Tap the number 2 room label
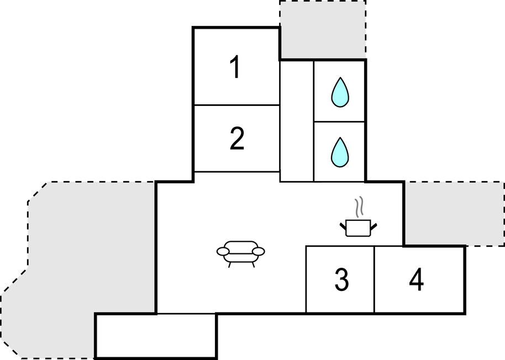(x=237, y=139)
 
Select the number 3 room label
(x=341, y=279)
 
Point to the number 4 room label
(x=417, y=279)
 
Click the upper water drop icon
(x=340, y=92)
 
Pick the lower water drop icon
(x=340, y=152)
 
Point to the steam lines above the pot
(x=359, y=207)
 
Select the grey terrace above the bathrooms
(x=323, y=30)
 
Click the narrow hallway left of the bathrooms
(x=297, y=121)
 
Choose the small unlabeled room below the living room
(x=156, y=335)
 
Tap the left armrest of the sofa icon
(x=223, y=251)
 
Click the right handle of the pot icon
(x=374, y=226)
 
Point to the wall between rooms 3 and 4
(x=374, y=279)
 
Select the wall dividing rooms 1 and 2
(x=236, y=105)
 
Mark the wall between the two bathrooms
(x=339, y=121)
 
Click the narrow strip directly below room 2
(x=236, y=177)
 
